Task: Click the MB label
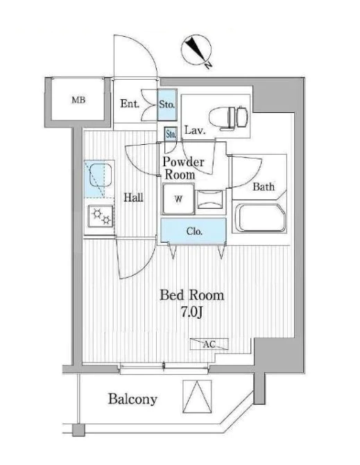click(78, 100)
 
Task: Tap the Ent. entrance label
click(130, 103)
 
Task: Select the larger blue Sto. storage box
click(167, 105)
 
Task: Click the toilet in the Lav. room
click(228, 117)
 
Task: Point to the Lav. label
click(195, 130)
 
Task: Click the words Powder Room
click(183, 168)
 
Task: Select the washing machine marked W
click(178, 199)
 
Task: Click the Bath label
click(264, 187)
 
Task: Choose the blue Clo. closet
click(194, 231)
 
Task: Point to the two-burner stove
click(101, 216)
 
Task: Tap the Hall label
click(134, 198)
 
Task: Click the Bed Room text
click(191, 295)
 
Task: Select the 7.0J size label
click(191, 312)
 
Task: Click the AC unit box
click(209, 344)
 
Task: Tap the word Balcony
click(132, 399)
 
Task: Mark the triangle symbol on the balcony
click(197, 396)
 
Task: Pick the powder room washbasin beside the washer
click(210, 200)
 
